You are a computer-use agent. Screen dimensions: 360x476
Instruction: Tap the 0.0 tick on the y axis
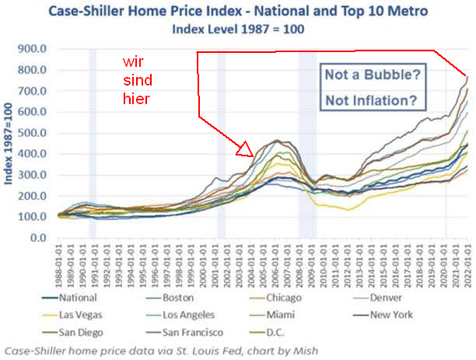click(x=42, y=237)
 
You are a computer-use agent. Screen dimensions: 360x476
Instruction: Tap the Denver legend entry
click(x=366, y=297)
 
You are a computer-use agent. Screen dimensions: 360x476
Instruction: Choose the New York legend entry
click(x=372, y=315)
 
